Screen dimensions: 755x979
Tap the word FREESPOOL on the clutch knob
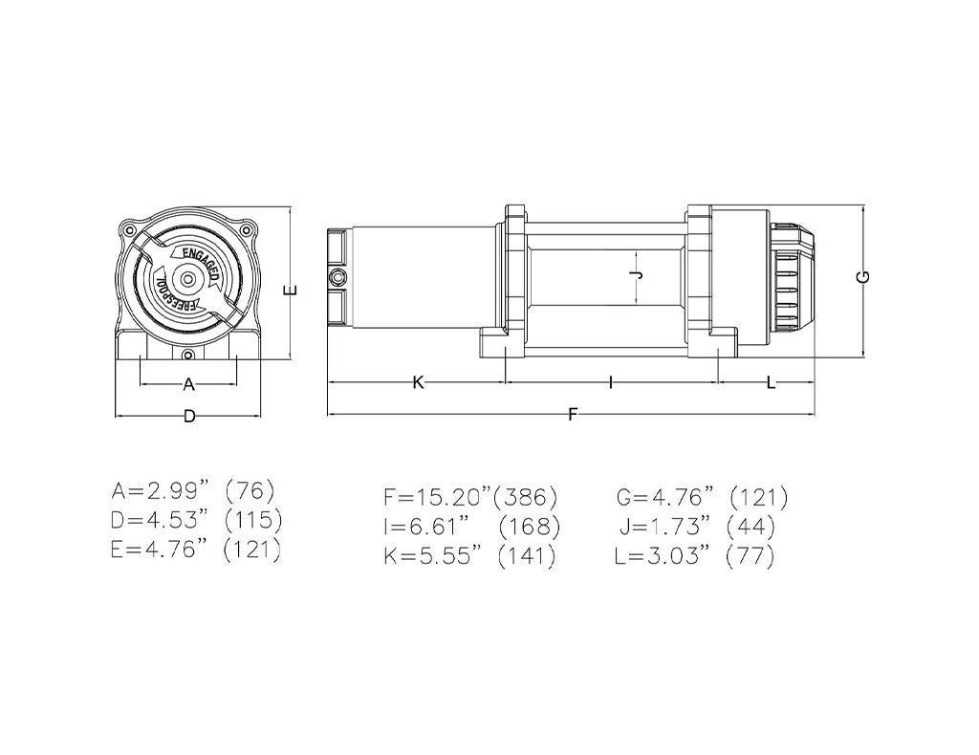pos(173,292)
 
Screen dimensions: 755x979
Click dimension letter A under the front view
pos(188,384)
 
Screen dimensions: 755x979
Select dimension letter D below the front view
pos(189,416)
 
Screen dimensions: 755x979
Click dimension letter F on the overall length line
pos(573,415)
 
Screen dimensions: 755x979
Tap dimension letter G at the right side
pos(863,275)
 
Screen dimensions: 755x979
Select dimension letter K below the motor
pos(418,382)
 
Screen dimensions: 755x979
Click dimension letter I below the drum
pos(610,382)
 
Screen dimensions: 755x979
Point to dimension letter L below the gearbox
pos(770,382)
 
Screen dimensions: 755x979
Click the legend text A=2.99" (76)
pos(193,492)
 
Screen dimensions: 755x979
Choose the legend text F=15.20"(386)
pos(469,498)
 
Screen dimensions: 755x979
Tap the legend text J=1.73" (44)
pos(695,527)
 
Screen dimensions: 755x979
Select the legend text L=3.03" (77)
pos(695,556)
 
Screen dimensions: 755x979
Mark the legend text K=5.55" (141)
pos(469,556)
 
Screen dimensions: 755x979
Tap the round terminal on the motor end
pos(336,277)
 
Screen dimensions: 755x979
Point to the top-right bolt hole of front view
pos(248,229)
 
